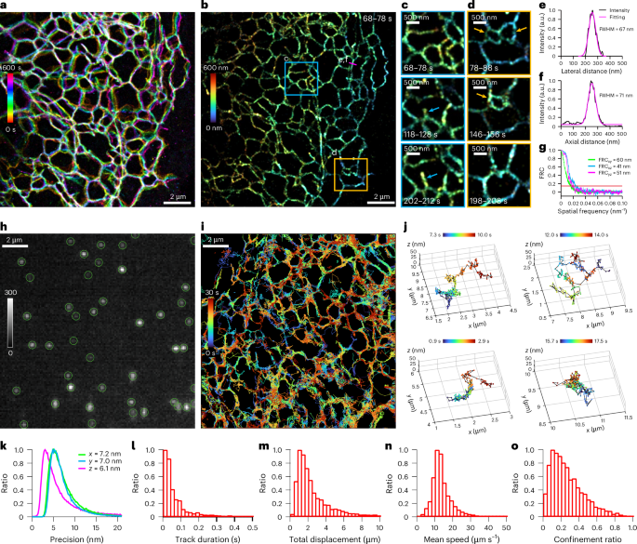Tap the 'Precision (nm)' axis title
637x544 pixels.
tap(68, 534)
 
